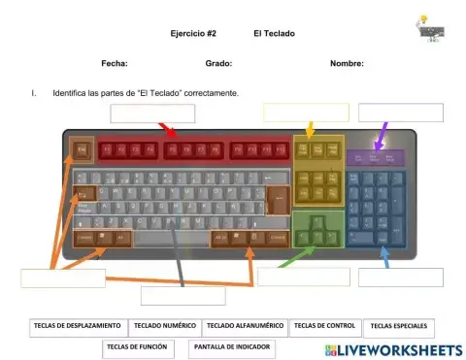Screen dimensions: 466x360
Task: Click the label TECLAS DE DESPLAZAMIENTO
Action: tap(76, 326)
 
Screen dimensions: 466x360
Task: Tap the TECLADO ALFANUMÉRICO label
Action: tap(245, 326)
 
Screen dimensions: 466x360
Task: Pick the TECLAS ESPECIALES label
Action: tap(398, 327)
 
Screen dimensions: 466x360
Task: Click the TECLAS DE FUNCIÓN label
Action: tap(137, 346)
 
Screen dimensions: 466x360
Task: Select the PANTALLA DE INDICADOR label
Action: tap(232, 346)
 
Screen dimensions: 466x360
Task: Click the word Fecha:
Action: tap(115, 63)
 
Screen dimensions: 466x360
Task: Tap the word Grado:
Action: tap(218, 63)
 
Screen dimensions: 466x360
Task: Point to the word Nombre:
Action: tap(347, 63)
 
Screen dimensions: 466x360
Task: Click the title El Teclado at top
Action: tap(274, 33)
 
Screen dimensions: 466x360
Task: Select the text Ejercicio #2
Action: tap(193, 33)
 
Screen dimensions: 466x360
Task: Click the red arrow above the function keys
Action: tap(167, 130)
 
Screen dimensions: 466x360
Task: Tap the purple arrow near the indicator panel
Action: tap(384, 131)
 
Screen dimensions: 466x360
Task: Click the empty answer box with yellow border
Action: tap(306, 113)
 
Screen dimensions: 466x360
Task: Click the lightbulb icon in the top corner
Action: tap(422, 20)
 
